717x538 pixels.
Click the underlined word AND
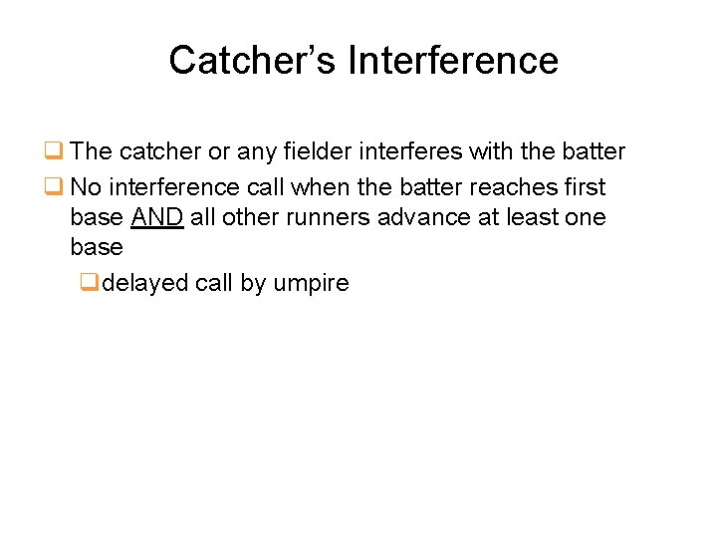[157, 217]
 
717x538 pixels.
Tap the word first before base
[584, 187]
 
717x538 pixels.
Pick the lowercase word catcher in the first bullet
[159, 152]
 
